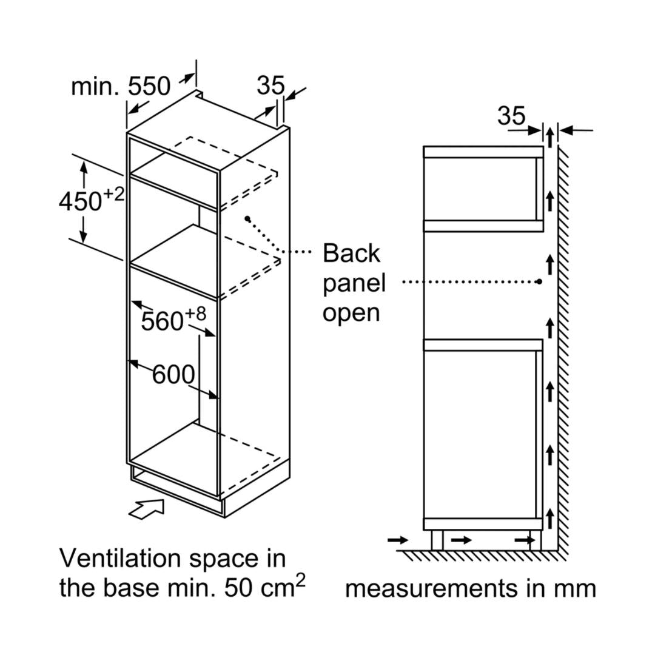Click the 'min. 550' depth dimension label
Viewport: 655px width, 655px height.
click(121, 87)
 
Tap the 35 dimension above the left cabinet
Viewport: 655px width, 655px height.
click(270, 86)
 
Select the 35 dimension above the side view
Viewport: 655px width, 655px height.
click(511, 115)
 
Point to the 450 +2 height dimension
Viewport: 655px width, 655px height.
click(91, 200)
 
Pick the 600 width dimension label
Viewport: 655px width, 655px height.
click(173, 375)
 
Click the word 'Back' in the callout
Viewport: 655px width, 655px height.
click(351, 253)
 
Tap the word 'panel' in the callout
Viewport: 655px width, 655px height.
click(354, 283)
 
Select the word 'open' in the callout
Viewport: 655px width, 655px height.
click(351, 312)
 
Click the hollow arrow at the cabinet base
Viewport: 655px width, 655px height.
click(147, 508)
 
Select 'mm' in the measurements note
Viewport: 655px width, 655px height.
click(576, 588)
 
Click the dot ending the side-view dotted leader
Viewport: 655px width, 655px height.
click(539, 281)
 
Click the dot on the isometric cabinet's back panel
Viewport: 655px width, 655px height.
click(247, 218)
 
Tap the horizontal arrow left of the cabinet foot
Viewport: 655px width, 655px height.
click(398, 539)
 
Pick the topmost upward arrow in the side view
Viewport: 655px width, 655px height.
click(549, 137)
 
